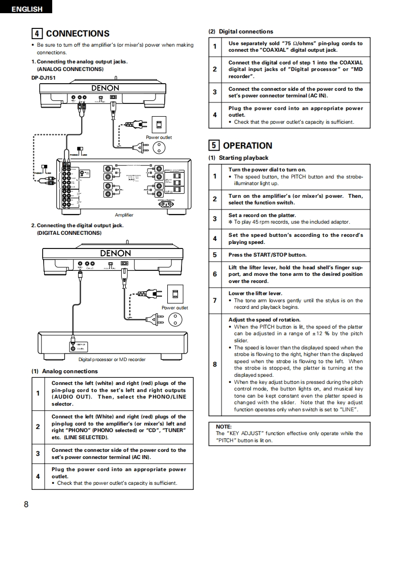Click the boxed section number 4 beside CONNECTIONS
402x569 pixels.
[x=37, y=33]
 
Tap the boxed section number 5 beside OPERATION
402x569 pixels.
[x=214, y=146]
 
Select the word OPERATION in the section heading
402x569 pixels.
[x=247, y=146]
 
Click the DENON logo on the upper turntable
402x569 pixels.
[x=105, y=88]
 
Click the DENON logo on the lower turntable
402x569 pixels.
[x=115, y=253]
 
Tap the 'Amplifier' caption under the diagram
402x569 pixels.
[x=124, y=215]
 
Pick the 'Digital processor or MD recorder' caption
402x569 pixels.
[x=112, y=360]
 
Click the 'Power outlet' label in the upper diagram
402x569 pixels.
[x=159, y=137]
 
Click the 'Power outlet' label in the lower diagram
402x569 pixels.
[x=174, y=308]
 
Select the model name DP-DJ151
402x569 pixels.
[x=44, y=78]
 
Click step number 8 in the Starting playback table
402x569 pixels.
[x=215, y=365]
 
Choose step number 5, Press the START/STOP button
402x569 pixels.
[x=215, y=255]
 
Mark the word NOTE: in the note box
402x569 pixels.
[x=224, y=427]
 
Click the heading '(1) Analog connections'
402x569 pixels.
[x=64, y=371]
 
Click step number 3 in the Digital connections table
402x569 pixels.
[x=215, y=92]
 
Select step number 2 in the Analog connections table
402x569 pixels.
[x=38, y=427]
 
